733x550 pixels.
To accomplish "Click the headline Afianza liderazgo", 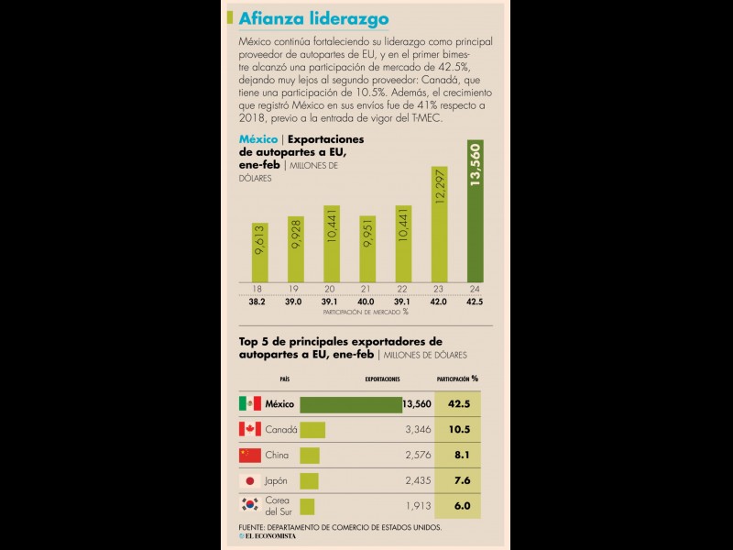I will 313,19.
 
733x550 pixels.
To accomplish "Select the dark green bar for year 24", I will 475,212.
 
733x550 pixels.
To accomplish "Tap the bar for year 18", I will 259,251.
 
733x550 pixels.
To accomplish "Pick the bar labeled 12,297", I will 439,225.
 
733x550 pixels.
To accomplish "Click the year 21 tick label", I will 366,289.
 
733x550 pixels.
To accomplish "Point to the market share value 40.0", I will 366,301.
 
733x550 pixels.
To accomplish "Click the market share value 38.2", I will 258,301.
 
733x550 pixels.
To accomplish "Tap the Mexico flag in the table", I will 249,403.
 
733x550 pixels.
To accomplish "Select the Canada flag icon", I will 249,429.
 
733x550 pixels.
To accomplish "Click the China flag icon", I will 249,455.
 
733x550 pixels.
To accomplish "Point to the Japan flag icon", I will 249,480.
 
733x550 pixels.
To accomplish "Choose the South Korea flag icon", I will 249,505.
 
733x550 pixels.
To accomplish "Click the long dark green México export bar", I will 350,403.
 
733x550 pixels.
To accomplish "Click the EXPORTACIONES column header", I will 382,378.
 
